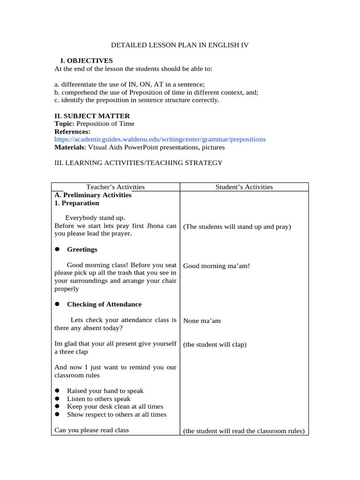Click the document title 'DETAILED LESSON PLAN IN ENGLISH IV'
coord(180,45)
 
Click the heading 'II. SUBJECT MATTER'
coord(92,116)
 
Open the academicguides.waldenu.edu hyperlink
coord(160,139)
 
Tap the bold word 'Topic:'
coord(65,124)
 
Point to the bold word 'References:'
coord(73,132)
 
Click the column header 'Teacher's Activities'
coord(115,187)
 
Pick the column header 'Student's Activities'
coord(244,187)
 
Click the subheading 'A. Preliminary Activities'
coord(93,195)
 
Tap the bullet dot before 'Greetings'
coord(57,249)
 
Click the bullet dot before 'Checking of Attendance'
coord(57,304)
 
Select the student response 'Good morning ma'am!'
coord(217,266)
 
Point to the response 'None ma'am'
coord(202,321)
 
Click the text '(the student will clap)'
coord(215,345)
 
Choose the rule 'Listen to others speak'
coord(99,399)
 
